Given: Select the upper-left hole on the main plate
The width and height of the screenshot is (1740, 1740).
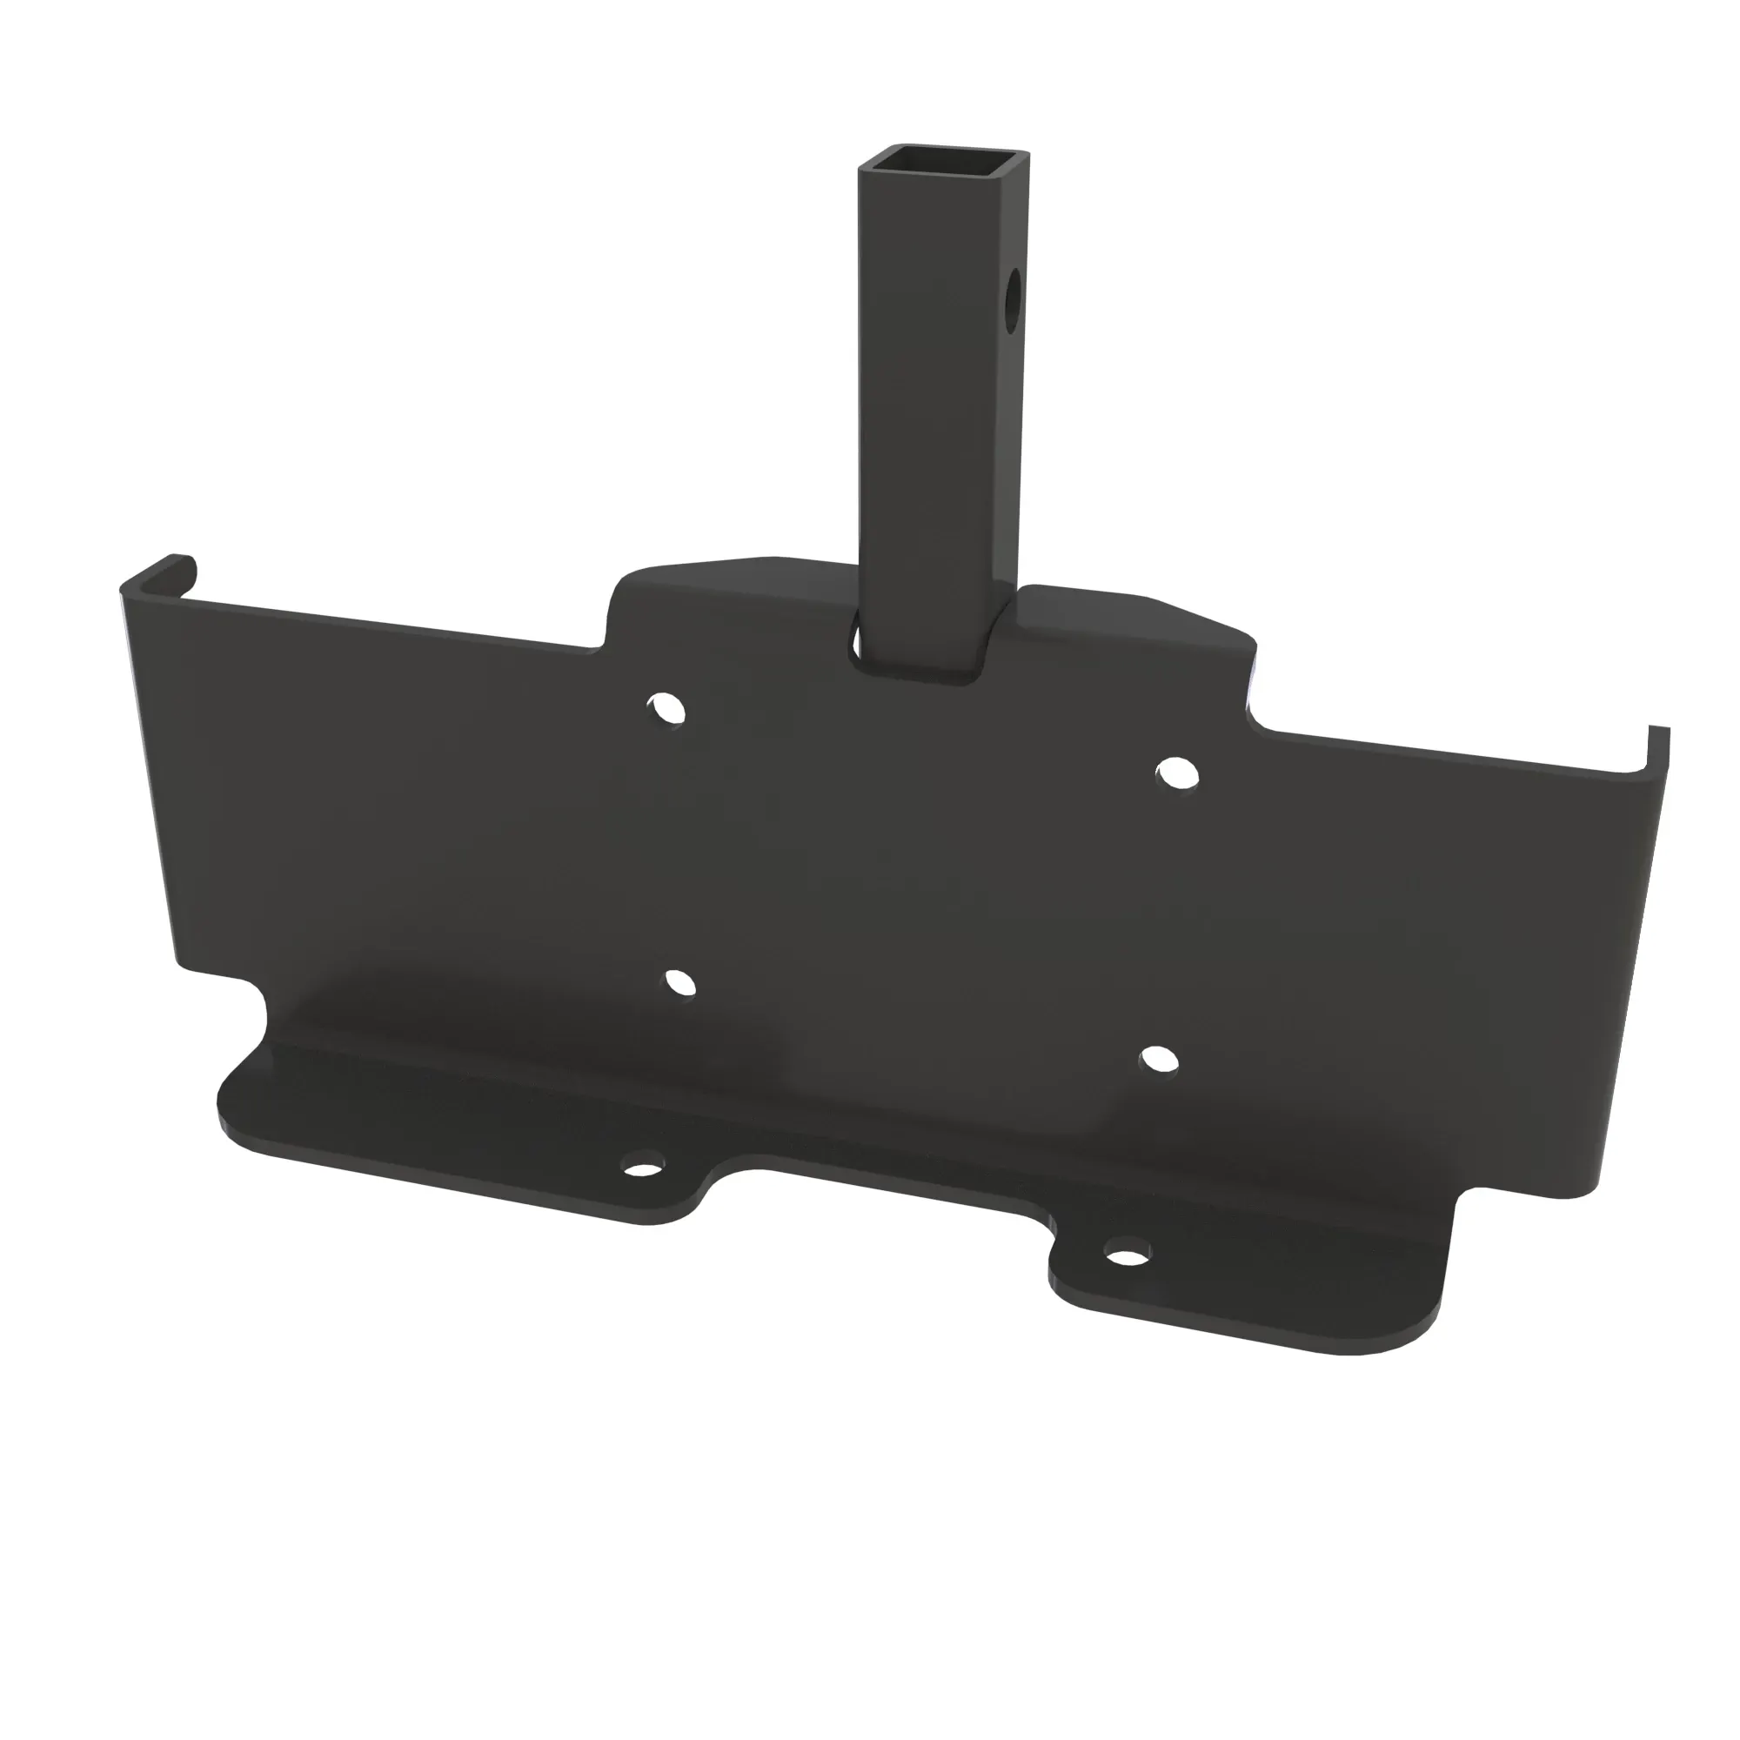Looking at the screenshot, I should [x=666, y=709].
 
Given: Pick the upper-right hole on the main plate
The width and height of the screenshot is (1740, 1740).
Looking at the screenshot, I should [x=1176, y=774].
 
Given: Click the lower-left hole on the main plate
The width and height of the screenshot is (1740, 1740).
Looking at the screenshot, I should [x=681, y=982].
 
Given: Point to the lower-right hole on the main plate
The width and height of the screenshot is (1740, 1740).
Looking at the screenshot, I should [x=1159, y=1060].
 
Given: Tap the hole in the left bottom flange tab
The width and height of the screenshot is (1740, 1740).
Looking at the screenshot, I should [x=643, y=1170].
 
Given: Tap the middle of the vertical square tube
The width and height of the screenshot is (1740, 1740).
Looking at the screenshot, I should [x=941, y=405].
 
